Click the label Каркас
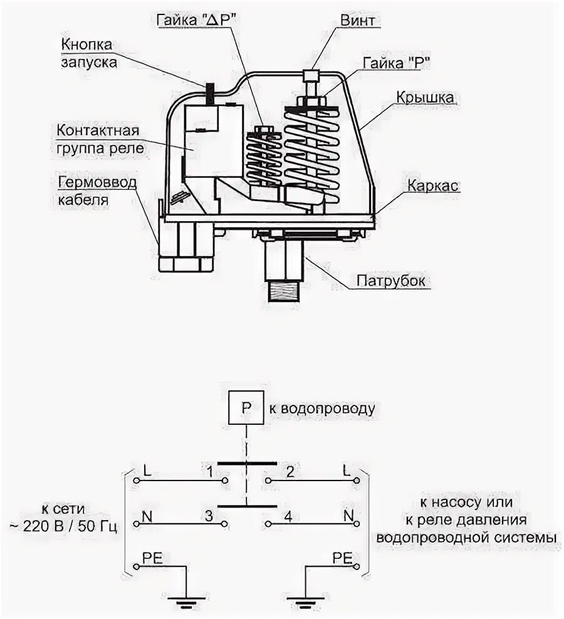[x=434, y=187]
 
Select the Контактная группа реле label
[x=99, y=140]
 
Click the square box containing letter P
[x=246, y=408]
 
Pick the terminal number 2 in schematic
[x=289, y=469]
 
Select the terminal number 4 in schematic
[x=289, y=516]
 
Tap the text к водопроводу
[x=323, y=408]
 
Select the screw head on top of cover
[x=311, y=75]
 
